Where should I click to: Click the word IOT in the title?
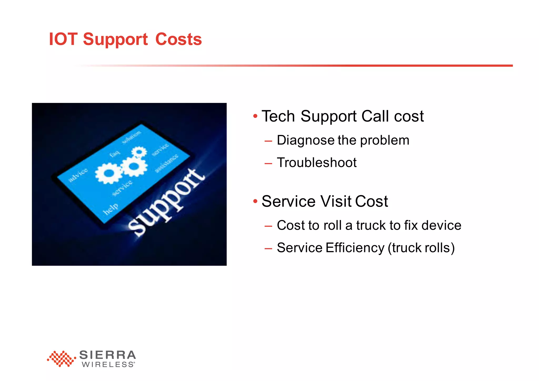tap(63, 39)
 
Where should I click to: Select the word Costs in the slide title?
tap(178, 39)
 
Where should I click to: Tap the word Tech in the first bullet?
tap(278, 116)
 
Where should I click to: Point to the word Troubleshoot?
tap(317, 163)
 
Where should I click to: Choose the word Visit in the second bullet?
tap(336, 202)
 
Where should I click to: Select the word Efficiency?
tap(355, 248)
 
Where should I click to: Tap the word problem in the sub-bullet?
tap(385, 141)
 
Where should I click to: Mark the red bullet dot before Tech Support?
tap(255, 116)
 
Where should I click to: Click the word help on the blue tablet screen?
tap(110, 209)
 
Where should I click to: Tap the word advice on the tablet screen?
tap(78, 175)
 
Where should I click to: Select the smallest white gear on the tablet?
tap(139, 152)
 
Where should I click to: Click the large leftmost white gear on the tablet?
tap(108, 173)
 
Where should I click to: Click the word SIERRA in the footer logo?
tap(107, 355)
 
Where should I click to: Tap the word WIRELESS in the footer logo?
tap(108, 365)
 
